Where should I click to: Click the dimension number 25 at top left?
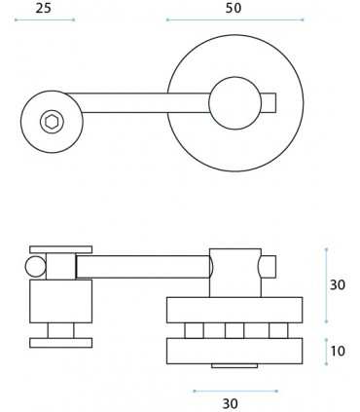pyautogui.click(x=44, y=8)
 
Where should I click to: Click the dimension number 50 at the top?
pyautogui.click(x=234, y=8)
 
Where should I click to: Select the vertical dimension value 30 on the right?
pyautogui.click(x=338, y=285)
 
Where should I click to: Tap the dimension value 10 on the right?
pyautogui.click(x=338, y=351)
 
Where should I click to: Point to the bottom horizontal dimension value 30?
pyautogui.click(x=231, y=403)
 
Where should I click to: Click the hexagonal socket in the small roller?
pyautogui.click(x=52, y=122)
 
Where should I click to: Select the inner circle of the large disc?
pyautogui.click(x=235, y=103)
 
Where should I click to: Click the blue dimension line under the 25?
pyautogui.click(x=45, y=19)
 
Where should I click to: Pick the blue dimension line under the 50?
pyautogui.click(x=234, y=19)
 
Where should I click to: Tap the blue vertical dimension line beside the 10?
pyautogui.click(x=326, y=352)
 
